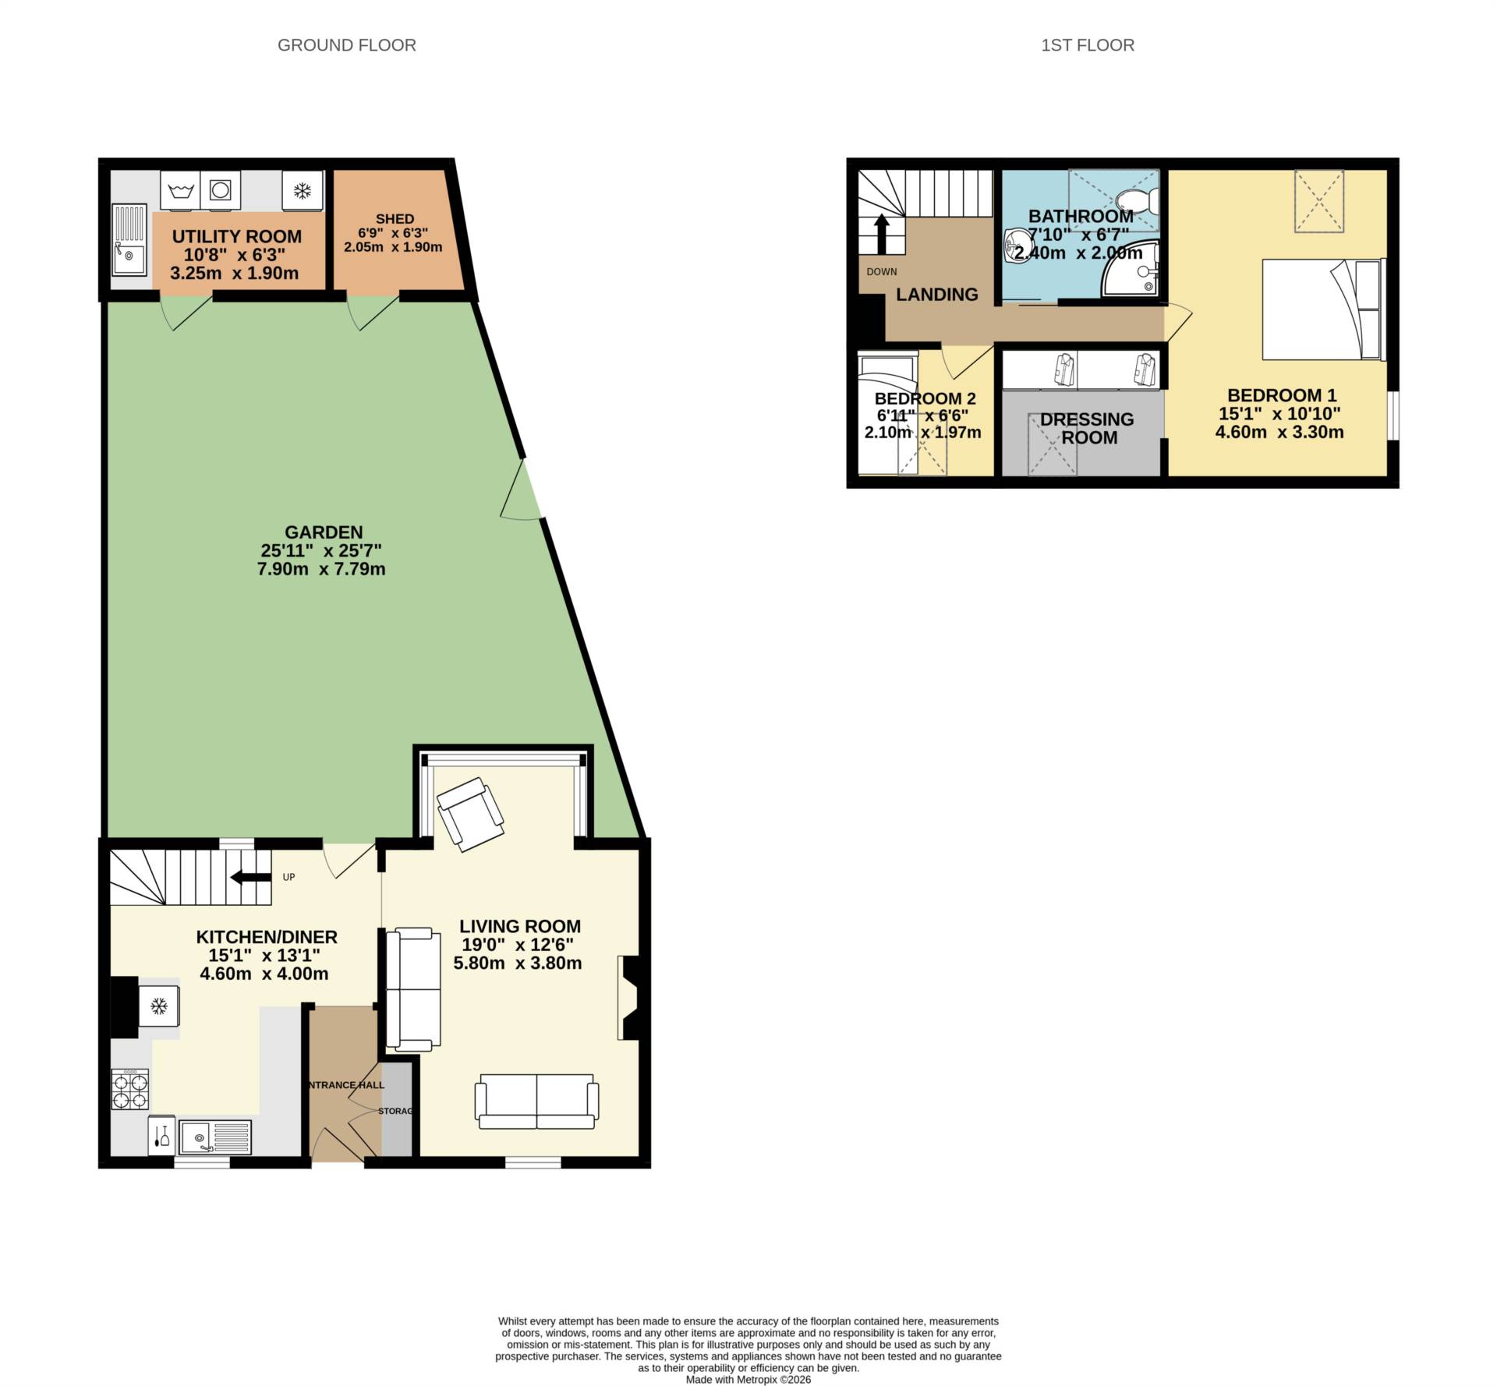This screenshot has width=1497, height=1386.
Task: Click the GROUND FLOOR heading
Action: (346, 45)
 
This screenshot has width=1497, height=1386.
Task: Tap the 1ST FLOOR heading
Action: (1087, 45)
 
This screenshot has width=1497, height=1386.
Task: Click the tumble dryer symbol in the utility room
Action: (221, 190)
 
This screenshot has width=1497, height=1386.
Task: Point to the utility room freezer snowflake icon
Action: (302, 190)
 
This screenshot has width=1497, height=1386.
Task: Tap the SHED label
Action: (395, 219)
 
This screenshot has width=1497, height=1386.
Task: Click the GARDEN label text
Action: (323, 532)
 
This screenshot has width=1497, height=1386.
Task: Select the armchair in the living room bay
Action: (471, 815)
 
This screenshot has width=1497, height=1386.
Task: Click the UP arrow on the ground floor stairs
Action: (249, 877)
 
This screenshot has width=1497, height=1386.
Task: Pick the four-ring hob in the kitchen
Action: (130, 1089)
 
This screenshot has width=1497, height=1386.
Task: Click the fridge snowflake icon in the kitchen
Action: (159, 1006)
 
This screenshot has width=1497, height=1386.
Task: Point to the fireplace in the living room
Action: (629, 998)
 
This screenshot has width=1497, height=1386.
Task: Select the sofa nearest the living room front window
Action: (536, 1101)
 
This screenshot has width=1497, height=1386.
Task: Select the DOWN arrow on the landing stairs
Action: (881, 234)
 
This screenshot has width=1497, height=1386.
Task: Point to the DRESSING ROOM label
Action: (1088, 428)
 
